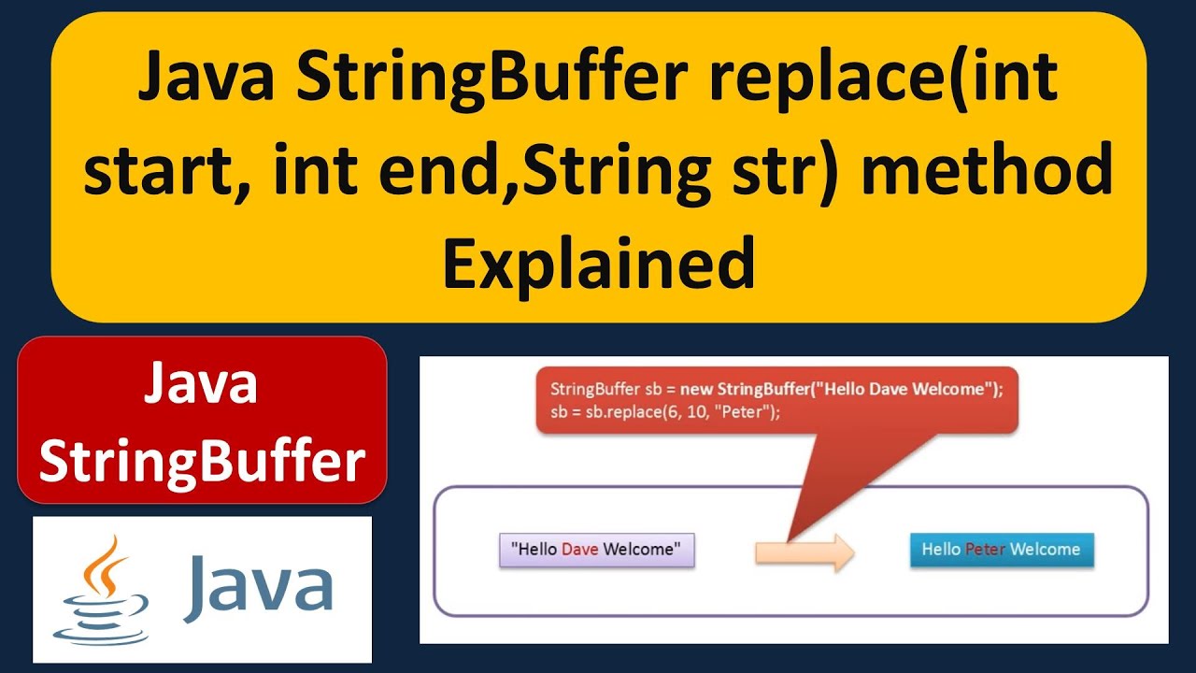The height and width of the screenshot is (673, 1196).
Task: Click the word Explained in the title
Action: tap(598, 264)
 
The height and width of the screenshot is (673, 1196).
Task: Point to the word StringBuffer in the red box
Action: tap(202, 461)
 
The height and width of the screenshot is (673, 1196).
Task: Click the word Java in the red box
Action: tap(201, 384)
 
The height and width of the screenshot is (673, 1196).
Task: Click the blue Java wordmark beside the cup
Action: tap(259, 587)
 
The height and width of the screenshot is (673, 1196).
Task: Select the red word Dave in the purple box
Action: tap(579, 550)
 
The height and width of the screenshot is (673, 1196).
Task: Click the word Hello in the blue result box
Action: tap(941, 550)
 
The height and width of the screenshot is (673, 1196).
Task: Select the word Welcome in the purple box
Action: tap(642, 550)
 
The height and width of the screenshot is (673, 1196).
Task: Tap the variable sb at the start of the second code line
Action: tap(559, 412)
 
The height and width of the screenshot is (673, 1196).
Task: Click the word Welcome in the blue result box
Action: tap(1045, 550)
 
